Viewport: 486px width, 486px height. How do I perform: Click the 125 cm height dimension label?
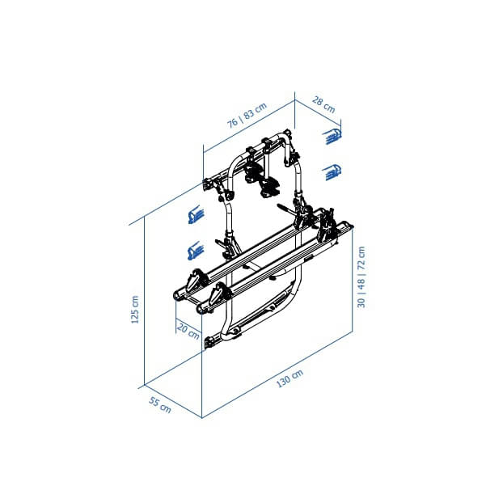pyautogui.click(x=135, y=310)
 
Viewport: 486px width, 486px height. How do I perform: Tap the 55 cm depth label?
pyautogui.click(x=160, y=405)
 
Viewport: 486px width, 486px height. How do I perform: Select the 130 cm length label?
pyautogui.click(x=289, y=378)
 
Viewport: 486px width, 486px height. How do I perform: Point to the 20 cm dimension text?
pyautogui.click(x=188, y=331)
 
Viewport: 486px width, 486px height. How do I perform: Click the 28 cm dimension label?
pyautogui.click(x=323, y=105)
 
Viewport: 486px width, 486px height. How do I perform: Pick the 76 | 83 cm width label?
pyautogui.click(x=247, y=116)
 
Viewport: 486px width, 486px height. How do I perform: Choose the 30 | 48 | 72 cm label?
pyautogui.click(x=361, y=277)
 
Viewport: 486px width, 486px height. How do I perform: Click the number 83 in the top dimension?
pyautogui.click(x=248, y=114)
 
